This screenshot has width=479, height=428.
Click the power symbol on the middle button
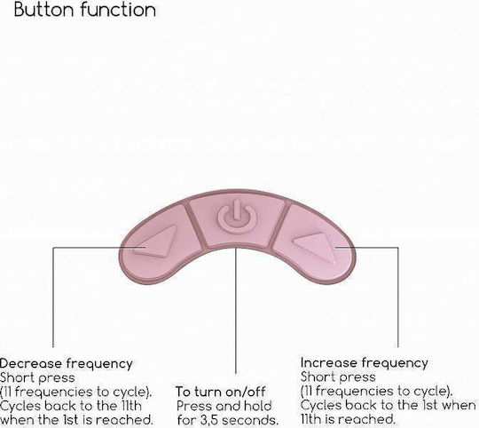pos(237,216)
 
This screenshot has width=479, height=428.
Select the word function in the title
pos(119,9)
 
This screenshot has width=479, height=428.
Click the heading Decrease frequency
pos(66,364)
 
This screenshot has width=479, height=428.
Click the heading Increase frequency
pos(365,363)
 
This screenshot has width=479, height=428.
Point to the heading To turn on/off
pos(221,392)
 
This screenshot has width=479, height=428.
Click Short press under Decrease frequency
pos(37,378)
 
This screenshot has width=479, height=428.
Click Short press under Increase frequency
pos(338,377)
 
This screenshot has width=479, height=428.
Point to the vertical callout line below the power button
pos(236,310)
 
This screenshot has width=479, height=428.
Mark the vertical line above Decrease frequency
pos(53,297)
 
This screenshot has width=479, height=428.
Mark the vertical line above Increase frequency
pos(398,297)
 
